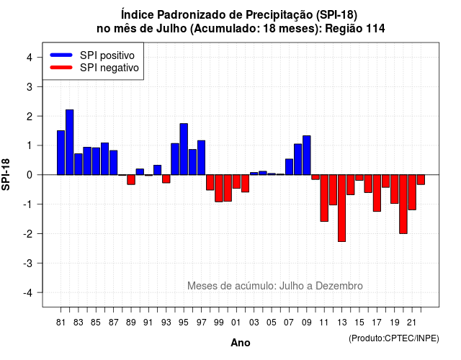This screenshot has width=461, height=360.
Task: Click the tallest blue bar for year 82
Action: [70, 143]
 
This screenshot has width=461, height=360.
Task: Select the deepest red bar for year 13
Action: [341, 208]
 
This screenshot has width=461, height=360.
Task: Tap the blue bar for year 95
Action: [184, 149]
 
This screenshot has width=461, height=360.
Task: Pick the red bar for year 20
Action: [403, 204]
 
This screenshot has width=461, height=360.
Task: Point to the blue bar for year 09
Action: [307, 156]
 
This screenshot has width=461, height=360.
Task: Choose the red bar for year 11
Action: [324, 198]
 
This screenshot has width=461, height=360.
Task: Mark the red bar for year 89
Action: [131, 179]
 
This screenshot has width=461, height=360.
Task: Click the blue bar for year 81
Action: [61, 153]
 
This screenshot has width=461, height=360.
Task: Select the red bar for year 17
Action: [377, 193]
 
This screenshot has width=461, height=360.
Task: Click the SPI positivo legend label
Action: [107, 55]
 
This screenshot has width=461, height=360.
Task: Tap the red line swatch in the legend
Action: [61, 68]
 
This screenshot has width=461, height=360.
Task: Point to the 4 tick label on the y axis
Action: [30, 58]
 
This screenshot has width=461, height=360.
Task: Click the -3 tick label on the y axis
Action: [27, 264]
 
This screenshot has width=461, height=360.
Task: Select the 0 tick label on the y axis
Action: [30, 175]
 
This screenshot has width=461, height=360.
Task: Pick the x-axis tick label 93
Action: [166, 323]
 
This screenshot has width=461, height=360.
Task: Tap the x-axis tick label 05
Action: [272, 323]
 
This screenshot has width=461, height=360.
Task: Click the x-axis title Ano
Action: [241, 343]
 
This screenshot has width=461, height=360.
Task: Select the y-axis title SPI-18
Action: [6, 174]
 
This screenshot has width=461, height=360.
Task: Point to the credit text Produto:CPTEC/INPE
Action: [394, 338]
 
